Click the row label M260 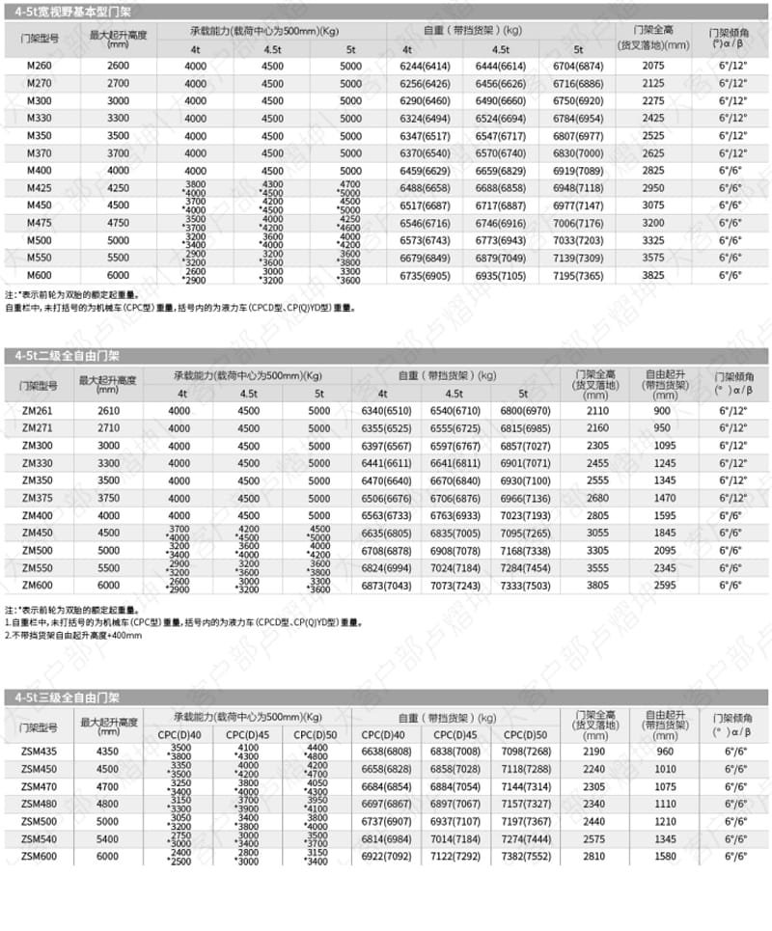[40, 66]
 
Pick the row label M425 [40, 187]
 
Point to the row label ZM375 [38, 497]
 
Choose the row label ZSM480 [39, 803]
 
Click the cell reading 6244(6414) [424, 66]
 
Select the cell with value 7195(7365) [577, 275]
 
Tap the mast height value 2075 [653, 66]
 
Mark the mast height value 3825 [653, 275]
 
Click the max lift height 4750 [117, 222]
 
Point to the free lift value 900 [661, 410]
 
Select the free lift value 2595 [661, 585]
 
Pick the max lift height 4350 [108, 751]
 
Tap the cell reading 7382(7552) [525, 855]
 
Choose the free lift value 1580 [661, 855]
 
